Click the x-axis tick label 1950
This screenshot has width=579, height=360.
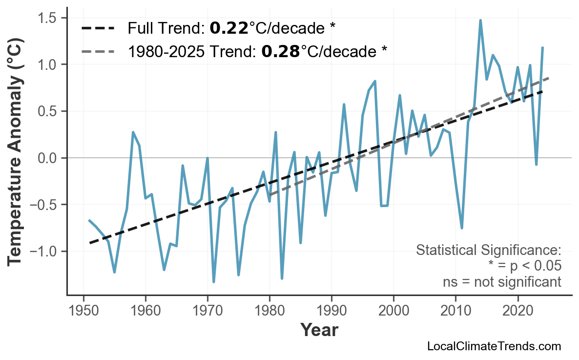pos(83,311)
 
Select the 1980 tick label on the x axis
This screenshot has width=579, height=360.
pos(269,311)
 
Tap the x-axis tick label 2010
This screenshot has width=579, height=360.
pos(455,311)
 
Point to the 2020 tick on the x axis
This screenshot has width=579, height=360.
pos(517,311)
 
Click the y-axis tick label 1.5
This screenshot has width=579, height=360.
pos(48,18)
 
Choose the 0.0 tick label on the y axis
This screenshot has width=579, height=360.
pos(48,158)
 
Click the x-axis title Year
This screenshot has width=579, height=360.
pos(319,331)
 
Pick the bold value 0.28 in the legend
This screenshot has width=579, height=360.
pos(280,51)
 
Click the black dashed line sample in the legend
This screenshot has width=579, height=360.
pos(98,29)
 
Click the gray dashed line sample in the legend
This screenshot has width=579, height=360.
pos(98,51)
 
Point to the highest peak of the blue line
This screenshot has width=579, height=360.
pos(480,21)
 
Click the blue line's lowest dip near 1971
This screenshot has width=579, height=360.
pos(214,282)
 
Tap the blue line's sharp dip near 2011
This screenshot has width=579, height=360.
pos(462,228)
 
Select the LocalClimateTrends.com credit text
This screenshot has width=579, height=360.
pos(494,346)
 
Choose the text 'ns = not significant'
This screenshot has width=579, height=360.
pos(502,282)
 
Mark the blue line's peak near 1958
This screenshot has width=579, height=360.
pos(133,132)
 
